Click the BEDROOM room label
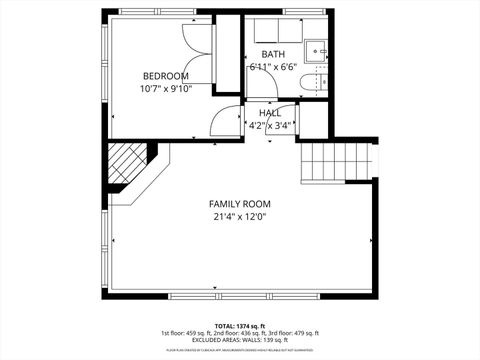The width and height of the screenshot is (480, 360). click(x=166, y=76)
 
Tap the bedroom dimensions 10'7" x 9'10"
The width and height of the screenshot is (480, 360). click(x=166, y=88)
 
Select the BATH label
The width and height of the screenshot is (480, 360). click(x=273, y=54)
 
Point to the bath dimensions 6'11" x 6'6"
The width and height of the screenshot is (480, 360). click(x=274, y=66)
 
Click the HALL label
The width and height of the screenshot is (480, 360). click(x=270, y=114)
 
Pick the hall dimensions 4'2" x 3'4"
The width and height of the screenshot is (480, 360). click(x=270, y=126)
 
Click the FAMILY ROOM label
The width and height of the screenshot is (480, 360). click(x=239, y=204)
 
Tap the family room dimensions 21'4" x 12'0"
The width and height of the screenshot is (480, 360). click(x=239, y=216)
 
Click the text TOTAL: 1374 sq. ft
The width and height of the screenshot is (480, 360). click(x=239, y=325)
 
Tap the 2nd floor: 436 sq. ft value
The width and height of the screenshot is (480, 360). click(x=239, y=333)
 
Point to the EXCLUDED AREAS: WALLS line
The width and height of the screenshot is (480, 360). click(x=239, y=341)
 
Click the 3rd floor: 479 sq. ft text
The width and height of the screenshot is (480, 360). click(x=295, y=333)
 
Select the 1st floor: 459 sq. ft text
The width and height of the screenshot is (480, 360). click(x=184, y=333)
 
